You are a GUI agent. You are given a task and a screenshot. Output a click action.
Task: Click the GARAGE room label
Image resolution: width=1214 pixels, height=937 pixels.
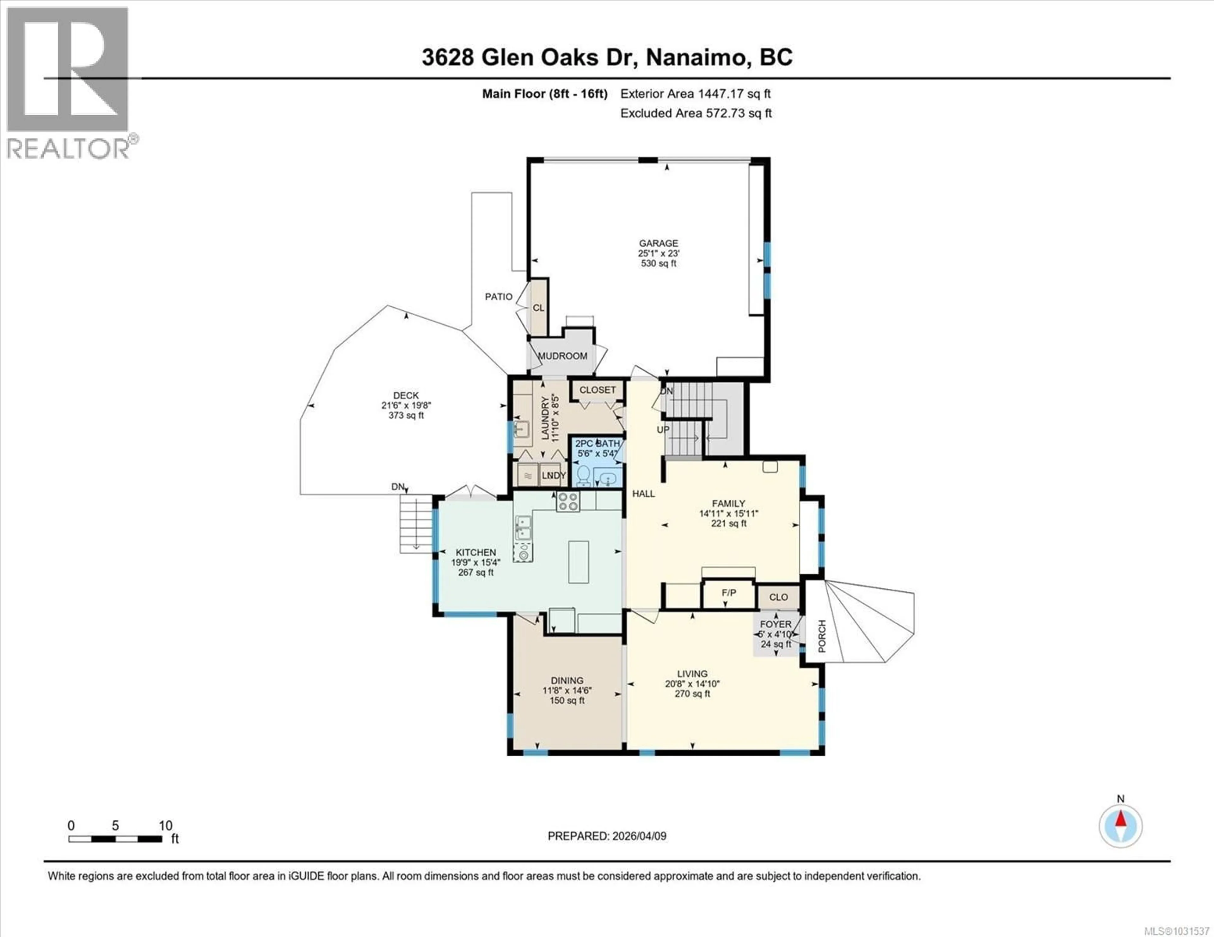coord(658,243)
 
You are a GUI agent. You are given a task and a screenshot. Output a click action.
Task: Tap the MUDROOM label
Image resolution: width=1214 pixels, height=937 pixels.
coord(562,356)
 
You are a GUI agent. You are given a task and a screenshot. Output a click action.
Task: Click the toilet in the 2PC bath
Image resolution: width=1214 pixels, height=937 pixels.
coord(583,475)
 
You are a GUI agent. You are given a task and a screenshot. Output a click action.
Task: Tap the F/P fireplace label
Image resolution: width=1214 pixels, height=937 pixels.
coord(729,593)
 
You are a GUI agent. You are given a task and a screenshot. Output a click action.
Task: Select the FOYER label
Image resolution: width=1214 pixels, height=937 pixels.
coord(776,624)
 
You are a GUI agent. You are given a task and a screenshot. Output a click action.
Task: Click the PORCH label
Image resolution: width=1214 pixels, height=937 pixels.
coord(822,636)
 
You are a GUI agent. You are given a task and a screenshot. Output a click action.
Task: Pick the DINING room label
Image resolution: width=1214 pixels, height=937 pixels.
coord(567,680)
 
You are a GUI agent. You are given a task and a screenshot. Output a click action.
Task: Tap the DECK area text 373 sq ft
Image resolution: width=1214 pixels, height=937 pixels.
coord(406,416)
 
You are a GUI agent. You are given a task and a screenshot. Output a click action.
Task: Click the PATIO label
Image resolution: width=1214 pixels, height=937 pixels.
coord(499,297)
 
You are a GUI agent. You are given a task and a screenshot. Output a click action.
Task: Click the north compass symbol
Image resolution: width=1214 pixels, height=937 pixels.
coord(1121,826)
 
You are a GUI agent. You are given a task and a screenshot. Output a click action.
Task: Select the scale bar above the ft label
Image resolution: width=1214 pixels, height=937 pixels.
coord(115,839)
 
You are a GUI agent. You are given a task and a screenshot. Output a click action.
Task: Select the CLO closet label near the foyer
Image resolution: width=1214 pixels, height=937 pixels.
coord(778,597)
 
